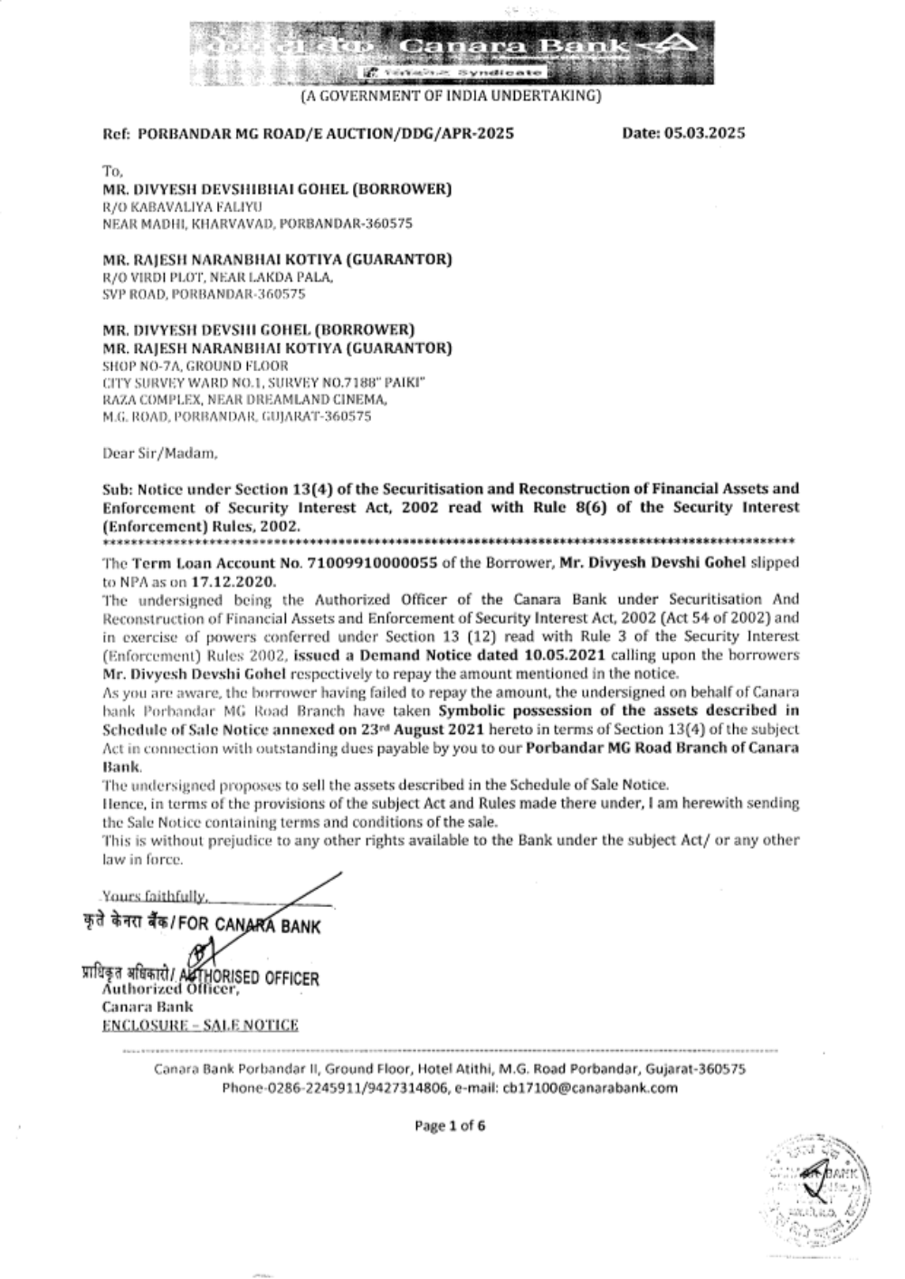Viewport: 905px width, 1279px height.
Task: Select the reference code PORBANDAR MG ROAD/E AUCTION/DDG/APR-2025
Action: [x=326, y=134]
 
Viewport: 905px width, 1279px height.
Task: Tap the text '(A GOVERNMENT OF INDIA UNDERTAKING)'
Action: [x=450, y=95]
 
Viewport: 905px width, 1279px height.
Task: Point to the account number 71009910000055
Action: [x=373, y=562]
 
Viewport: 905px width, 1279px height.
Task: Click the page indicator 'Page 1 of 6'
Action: [x=450, y=1126]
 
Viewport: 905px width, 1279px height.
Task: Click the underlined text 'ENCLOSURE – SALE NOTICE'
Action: [x=200, y=1025]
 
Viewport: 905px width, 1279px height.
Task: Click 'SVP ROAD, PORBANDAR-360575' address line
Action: [x=205, y=294]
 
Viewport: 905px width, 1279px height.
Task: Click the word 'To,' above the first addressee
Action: [x=112, y=171]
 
